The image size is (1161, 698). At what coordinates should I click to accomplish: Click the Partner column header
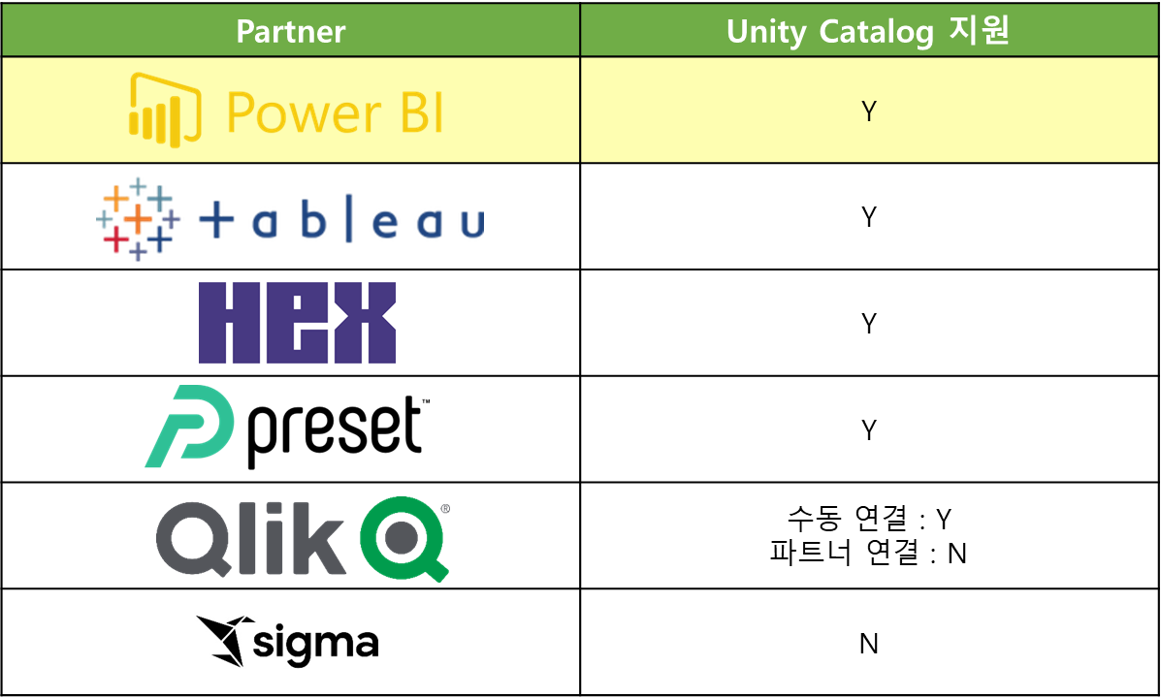[x=291, y=32]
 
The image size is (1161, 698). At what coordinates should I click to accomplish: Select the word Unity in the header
[x=766, y=32]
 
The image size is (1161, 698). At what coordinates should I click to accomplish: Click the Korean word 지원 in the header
[x=978, y=31]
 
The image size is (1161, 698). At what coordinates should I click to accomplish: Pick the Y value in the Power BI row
[x=869, y=111]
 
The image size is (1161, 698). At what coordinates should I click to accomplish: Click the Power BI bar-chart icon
[x=165, y=109]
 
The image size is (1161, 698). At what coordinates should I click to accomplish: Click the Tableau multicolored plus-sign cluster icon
[x=138, y=218]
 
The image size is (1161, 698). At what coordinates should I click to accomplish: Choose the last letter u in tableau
[x=470, y=225]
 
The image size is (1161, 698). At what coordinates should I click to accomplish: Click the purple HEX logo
[x=297, y=323]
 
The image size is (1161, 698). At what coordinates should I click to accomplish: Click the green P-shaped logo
[x=190, y=427]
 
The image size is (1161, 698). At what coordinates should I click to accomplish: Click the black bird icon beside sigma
[x=226, y=641]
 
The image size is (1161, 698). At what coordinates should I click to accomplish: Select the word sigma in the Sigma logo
[x=316, y=645]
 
